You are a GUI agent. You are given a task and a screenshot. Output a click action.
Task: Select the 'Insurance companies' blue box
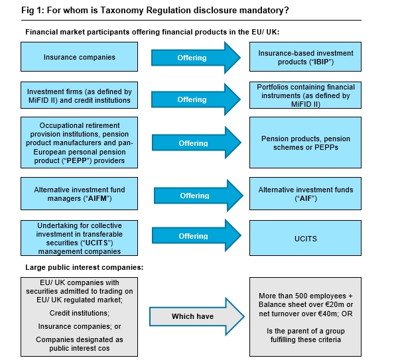coord(80,57)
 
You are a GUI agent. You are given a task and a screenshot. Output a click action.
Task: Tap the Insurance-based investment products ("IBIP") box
coord(306,57)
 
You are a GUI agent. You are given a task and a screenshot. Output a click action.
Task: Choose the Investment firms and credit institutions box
coord(80,95)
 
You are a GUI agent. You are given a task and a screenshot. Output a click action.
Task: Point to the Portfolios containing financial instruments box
coord(306,95)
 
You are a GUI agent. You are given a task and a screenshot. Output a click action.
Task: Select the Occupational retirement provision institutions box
coord(80,143)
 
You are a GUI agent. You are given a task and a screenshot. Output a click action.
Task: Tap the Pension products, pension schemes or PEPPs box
coord(306,143)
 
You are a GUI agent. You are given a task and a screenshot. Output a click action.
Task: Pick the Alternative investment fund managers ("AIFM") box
coord(80,194)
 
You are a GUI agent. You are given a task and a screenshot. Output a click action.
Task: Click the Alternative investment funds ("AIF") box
coord(306,194)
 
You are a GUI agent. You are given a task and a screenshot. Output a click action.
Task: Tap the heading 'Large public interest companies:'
coord(75,267)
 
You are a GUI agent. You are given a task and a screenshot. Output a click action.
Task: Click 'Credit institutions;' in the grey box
coord(80,312)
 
